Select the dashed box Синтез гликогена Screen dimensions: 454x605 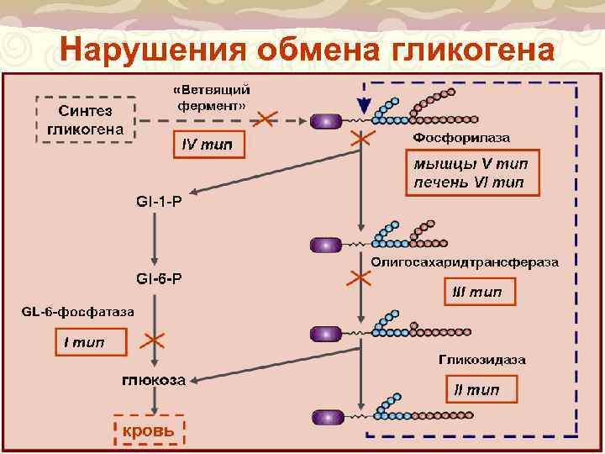[x=85, y=119]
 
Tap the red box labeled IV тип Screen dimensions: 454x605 [x=208, y=145]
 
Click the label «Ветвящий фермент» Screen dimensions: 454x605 [x=212, y=98]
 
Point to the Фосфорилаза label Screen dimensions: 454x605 [x=460, y=137]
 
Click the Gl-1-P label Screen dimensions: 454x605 [x=158, y=203]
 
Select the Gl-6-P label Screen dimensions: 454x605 [x=158, y=278]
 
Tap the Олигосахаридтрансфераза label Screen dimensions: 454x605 [x=465, y=262]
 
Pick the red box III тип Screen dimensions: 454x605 [x=477, y=293]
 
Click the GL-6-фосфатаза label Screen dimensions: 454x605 [x=77, y=312]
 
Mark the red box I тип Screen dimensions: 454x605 [x=91, y=342]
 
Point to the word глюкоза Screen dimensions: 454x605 [x=154, y=381]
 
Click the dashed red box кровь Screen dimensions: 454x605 [x=150, y=431]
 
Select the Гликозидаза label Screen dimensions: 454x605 [x=482, y=360]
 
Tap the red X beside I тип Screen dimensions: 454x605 [x=153, y=340]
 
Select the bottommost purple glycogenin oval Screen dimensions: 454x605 [x=325, y=417]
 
